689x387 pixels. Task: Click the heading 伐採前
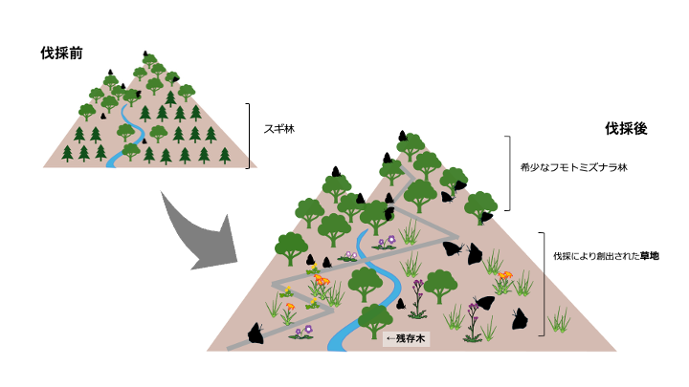60,54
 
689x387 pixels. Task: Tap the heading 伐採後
626,128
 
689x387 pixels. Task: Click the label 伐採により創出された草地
603,256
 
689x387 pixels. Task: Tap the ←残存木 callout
406,337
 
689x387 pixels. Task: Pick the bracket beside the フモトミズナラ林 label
507,172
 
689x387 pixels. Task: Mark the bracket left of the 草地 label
544,283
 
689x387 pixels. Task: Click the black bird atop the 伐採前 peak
144,54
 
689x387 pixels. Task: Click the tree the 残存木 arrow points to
374,319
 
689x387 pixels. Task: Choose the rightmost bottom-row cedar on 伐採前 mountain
226,154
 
